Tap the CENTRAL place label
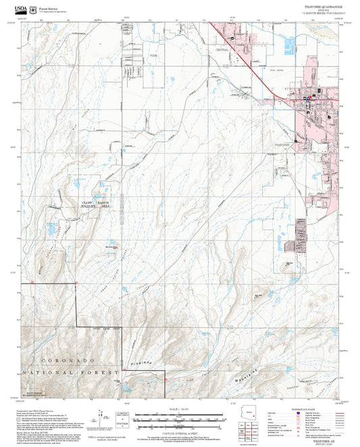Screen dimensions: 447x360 point(222,50)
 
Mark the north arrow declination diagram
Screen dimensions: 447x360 point(103,419)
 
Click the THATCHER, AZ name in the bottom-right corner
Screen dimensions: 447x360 point(322,439)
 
